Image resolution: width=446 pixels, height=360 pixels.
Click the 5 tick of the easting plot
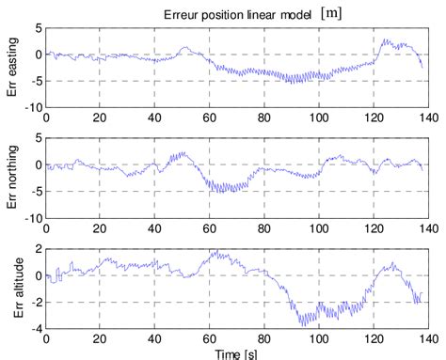(37, 27)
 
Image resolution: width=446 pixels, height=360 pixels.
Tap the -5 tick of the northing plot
(34, 192)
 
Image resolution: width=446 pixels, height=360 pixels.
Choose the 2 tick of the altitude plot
(37, 248)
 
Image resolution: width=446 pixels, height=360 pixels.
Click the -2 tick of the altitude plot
(34, 302)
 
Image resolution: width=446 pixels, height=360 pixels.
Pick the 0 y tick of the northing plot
(37, 164)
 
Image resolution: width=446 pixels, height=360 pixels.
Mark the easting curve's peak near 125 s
(385, 39)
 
